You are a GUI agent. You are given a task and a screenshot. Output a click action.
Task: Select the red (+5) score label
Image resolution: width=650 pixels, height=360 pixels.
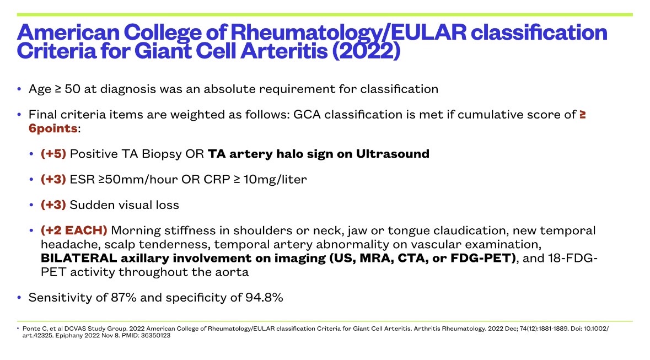(x=53, y=154)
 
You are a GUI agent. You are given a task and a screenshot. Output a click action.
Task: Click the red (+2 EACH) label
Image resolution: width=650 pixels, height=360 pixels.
(x=74, y=230)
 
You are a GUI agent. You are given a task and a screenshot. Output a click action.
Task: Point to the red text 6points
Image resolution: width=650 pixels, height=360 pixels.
(x=53, y=128)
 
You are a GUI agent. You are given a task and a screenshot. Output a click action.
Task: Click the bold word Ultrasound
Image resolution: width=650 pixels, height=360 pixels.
(x=393, y=154)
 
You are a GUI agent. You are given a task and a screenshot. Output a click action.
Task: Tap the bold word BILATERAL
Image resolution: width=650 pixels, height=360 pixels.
(x=79, y=258)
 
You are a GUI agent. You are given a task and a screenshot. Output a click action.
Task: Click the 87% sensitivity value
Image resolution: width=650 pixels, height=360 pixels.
(x=123, y=297)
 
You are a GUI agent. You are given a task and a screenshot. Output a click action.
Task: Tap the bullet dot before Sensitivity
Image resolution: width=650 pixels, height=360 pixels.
(x=19, y=297)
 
